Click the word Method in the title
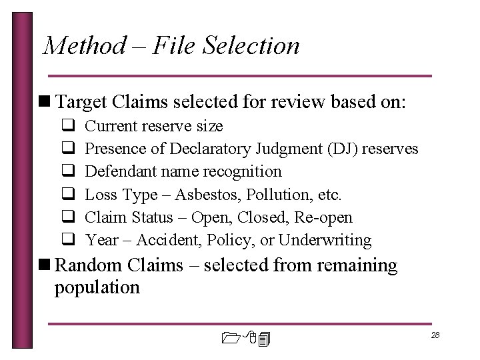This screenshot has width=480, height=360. point(83,46)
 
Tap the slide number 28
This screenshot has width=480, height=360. point(435,335)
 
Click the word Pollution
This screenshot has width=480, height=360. point(278,195)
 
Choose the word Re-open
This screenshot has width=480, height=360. point(327,217)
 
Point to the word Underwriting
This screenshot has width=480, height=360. point(325,240)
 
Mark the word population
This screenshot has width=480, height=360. point(97,287)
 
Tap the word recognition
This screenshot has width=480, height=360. point(245,171)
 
